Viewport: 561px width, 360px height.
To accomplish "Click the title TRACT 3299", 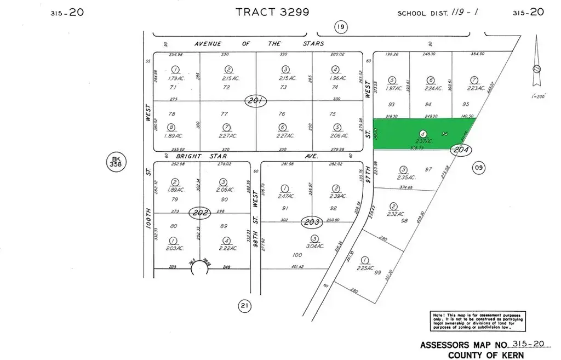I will tap(272, 12).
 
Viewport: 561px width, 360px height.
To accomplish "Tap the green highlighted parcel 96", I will tap(422, 133).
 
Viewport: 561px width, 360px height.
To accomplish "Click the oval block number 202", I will tap(200, 213).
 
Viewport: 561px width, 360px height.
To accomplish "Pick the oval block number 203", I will tap(311, 222).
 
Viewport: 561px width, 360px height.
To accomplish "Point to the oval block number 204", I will tap(461, 149).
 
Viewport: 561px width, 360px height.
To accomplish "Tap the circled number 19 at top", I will tap(340, 27).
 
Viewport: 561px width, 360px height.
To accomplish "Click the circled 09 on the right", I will tap(478, 168).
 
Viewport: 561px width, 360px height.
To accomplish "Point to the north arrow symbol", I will tap(537, 68).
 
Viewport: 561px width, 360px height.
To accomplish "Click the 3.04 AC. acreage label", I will tap(314, 246).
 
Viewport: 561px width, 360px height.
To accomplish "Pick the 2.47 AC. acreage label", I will tap(284, 196).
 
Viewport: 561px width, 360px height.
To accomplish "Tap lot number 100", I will tap(297, 255).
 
